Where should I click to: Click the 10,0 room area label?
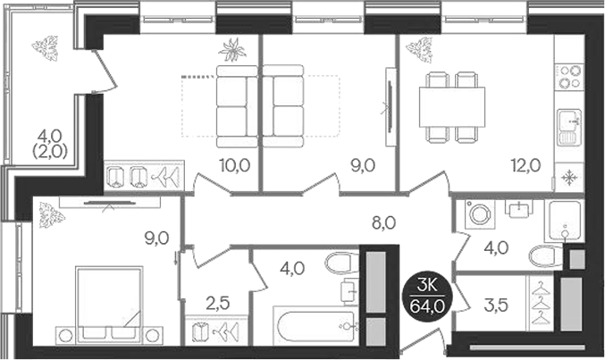click(x=233, y=164)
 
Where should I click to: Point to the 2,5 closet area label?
click(x=218, y=303)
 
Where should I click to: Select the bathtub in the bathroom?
click(x=307, y=326)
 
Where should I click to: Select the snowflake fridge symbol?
click(x=567, y=176)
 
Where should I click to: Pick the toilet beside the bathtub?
click(x=340, y=265)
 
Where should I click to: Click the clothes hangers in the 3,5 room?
click(x=539, y=304)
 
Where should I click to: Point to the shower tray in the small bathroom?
click(x=564, y=218)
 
